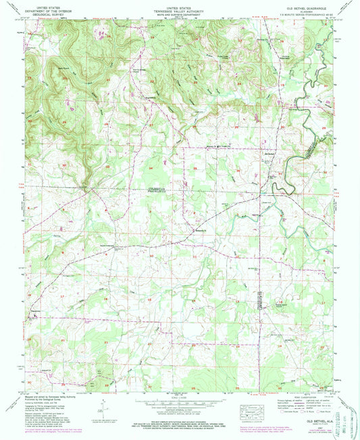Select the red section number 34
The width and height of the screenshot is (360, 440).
coord(151,167)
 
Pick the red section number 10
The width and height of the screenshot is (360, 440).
coord(151,256)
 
